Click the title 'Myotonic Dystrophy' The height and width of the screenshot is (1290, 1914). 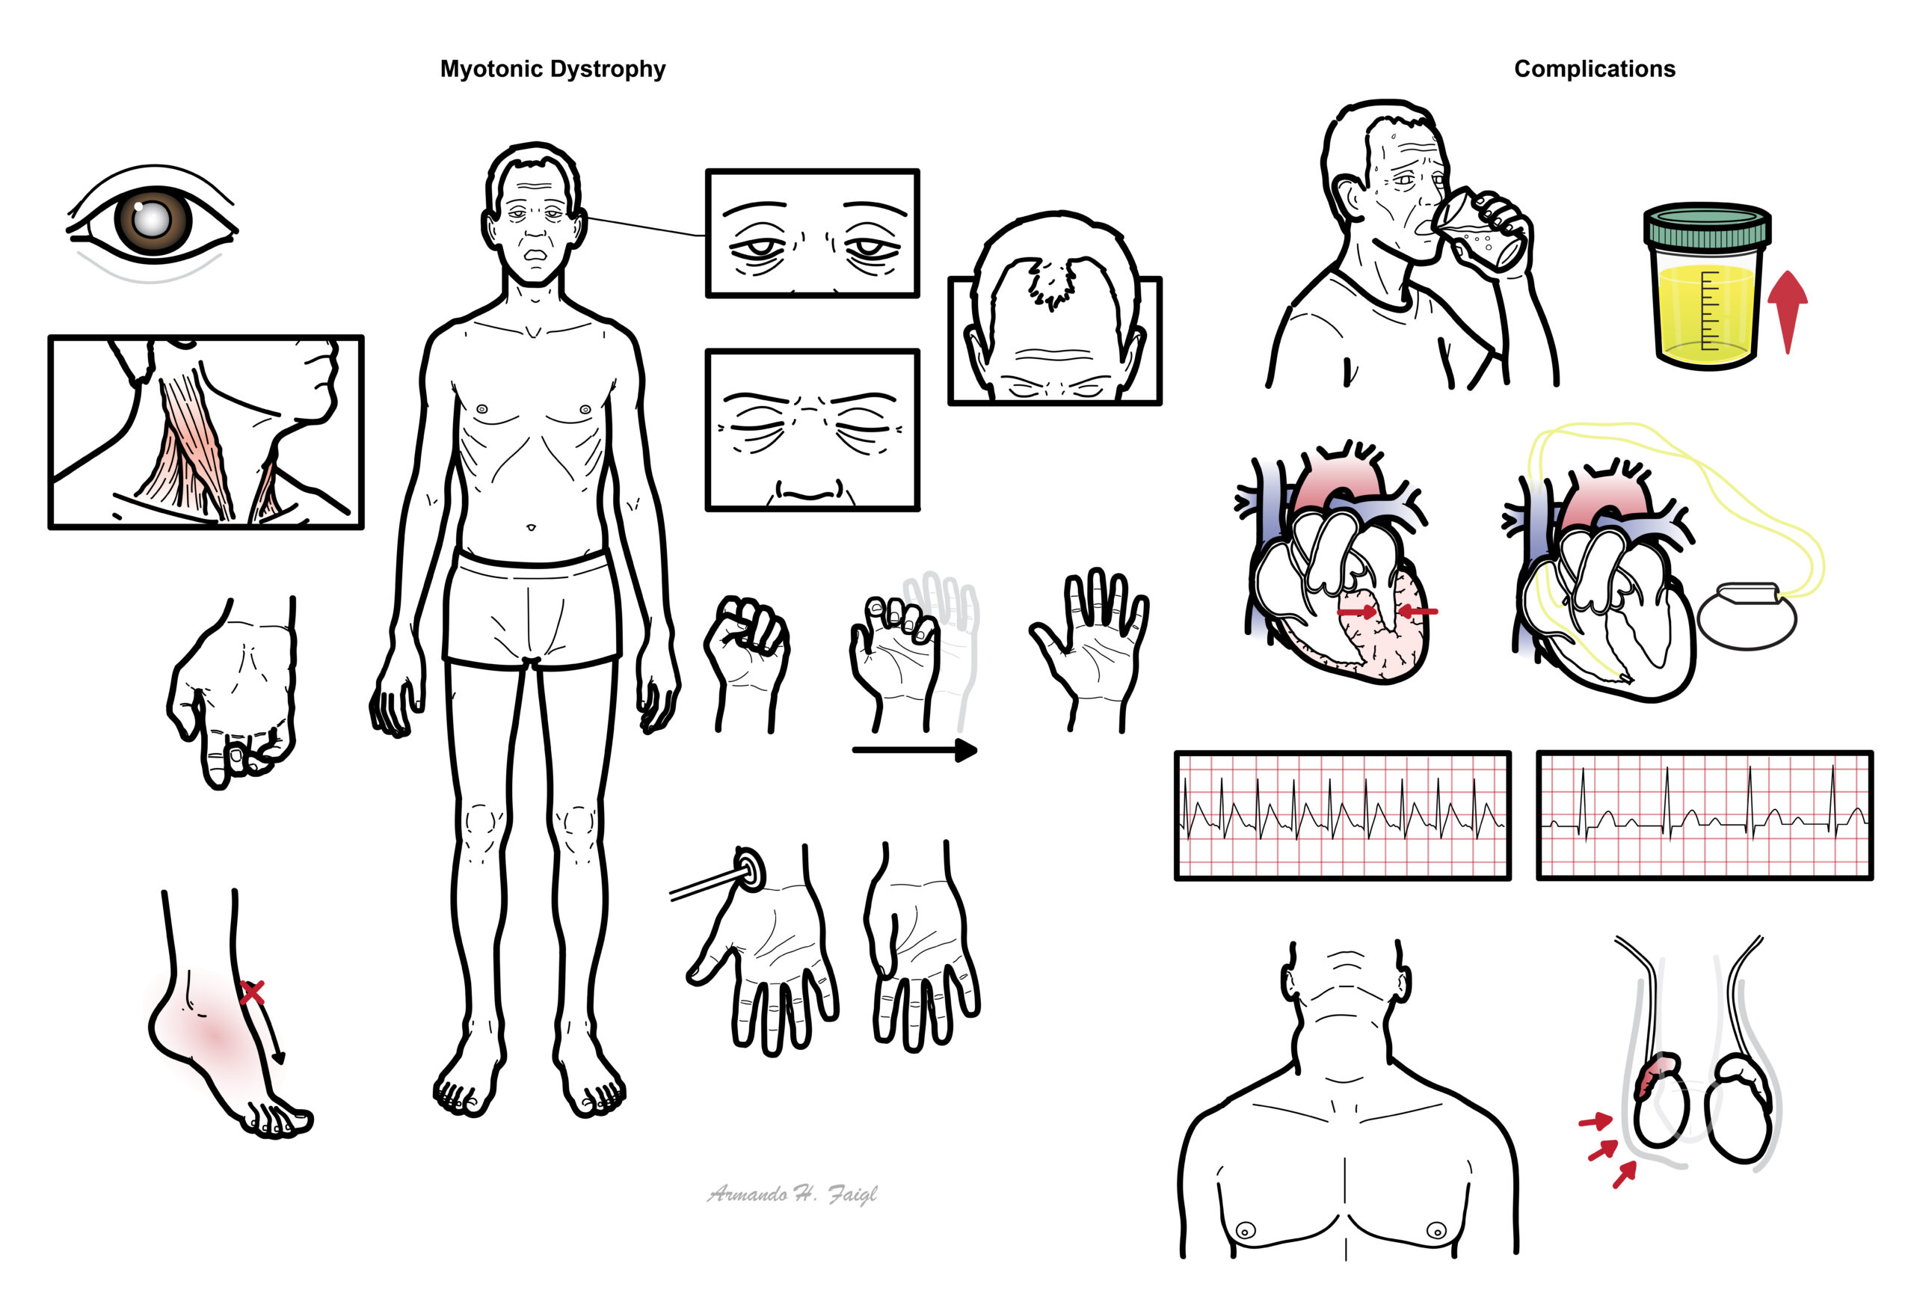(x=553, y=69)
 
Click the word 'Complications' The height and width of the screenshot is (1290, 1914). (x=1594, y=69)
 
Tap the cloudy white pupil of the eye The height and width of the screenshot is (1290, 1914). (x=153, y=220)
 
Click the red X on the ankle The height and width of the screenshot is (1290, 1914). (x=253, y=992)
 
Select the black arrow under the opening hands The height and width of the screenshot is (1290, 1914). (x=914, y=749)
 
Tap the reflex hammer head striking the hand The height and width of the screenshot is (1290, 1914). (x=749, y=869)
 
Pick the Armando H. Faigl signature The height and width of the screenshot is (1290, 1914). (x=792, y=1194)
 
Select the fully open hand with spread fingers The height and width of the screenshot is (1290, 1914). (x=1090, y=648)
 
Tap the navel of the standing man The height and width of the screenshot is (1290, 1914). (x=532, y=526)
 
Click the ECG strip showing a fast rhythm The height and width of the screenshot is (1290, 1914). (x=1342, y=815)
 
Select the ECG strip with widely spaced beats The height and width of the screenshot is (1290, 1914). (x=1704, y=815)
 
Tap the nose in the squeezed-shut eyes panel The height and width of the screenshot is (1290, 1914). (x=810, y=491)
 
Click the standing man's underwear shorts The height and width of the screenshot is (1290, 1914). (x=532, y=609)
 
